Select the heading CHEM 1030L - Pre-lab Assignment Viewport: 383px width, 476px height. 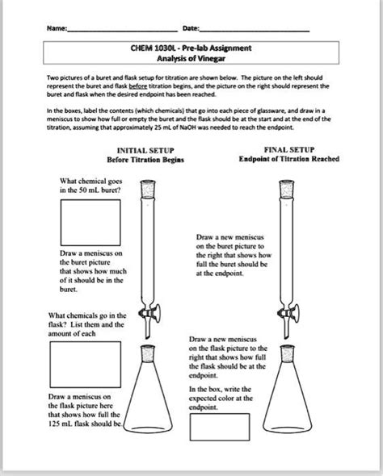click(191, 48)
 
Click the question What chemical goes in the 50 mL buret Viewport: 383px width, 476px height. click(90, 186)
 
